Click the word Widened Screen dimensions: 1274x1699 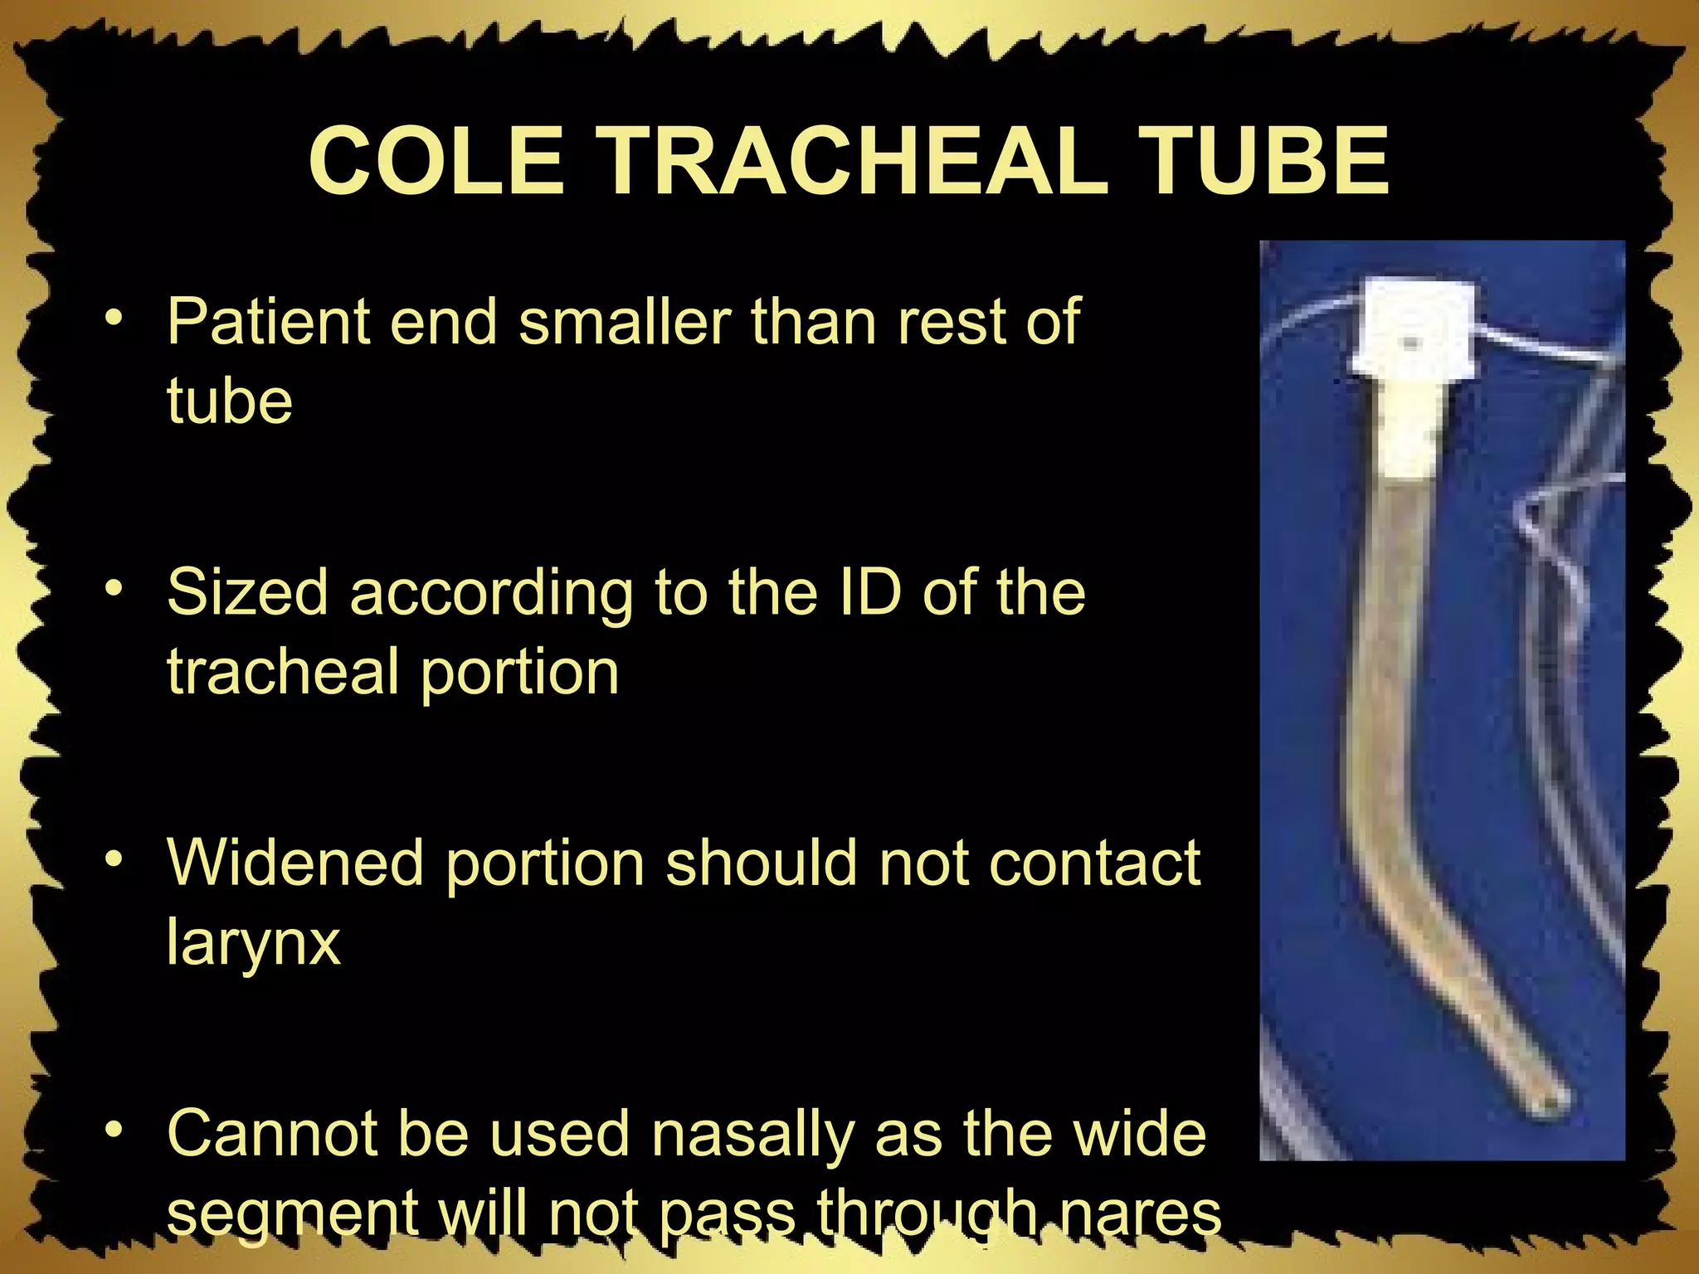tap(296, 863)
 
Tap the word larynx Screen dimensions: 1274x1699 tap(254, 943)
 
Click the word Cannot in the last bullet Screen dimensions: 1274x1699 tap(271, 1134)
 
